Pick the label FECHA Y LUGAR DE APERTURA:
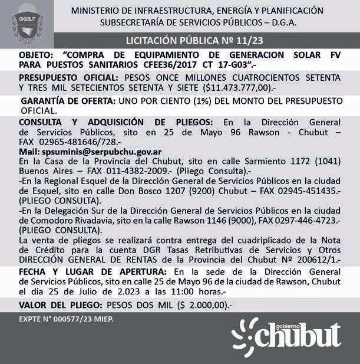(91, 271)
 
